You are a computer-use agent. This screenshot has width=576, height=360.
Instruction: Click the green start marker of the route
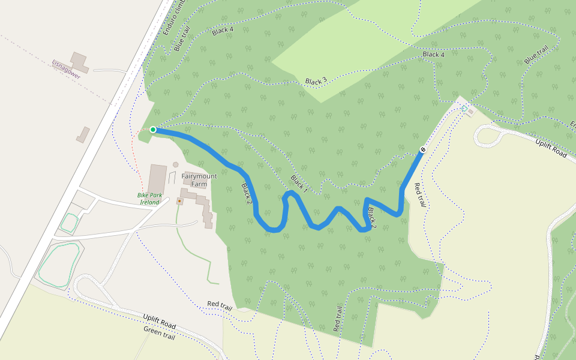click(x=153, y=130)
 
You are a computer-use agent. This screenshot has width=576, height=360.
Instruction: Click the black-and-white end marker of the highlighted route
click(x=423, y=149)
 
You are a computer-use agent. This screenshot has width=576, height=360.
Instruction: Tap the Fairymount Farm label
click(x=199, y=180)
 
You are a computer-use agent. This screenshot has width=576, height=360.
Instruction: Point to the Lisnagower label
click(x=66, y=70)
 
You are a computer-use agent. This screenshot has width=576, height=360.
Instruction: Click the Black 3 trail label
click(x=316, y=81)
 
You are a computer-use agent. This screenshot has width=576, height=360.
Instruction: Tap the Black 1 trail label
click(x=299, y=184)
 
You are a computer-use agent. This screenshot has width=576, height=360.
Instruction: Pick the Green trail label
click(x=159, y=333)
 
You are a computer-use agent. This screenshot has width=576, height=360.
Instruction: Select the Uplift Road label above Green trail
click(x=159, y=321)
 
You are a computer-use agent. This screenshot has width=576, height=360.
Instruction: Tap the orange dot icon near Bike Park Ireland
click(x=179, y=201)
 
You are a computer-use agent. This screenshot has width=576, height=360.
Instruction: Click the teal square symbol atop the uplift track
click(x=464, y=108)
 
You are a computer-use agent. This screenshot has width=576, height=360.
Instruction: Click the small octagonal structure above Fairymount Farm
click(x=175, y=164)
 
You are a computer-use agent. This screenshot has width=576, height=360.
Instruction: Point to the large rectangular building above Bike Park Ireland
click(x=157, y=178)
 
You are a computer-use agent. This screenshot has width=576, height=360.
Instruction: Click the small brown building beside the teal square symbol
click(x=471, y=111)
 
